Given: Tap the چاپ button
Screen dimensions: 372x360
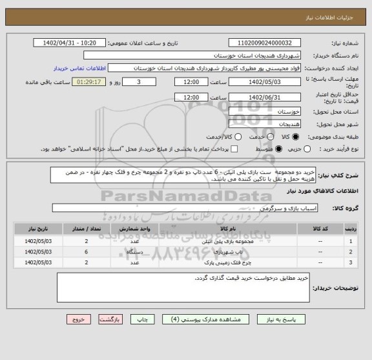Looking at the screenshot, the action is [x=143, y=319].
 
